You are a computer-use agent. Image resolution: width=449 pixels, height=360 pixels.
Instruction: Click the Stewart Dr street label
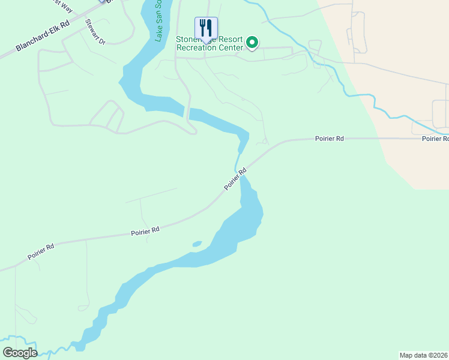95,32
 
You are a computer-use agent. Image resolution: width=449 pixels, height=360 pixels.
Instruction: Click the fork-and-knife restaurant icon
206,28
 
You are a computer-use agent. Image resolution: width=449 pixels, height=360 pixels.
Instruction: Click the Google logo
20,352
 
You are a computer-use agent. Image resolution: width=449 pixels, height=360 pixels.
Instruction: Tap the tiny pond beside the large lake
196,244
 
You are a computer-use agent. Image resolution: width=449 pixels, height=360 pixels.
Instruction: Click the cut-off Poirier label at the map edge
435,139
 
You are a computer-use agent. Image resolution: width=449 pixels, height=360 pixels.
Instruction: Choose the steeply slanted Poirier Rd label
235,179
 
